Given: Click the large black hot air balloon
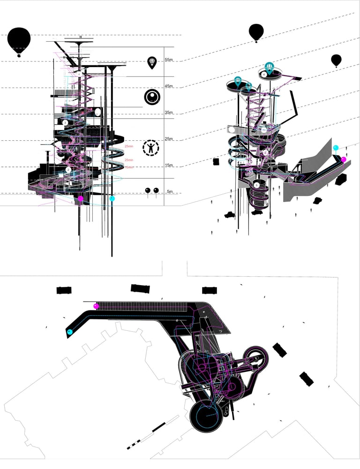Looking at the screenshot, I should point(19,41).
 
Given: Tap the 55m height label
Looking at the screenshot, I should point(169,60).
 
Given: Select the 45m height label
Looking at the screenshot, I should point(169,86).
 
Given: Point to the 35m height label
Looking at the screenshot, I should point(169,113).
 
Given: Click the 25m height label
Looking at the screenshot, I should point(169,139).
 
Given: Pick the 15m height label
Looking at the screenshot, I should point(169,165).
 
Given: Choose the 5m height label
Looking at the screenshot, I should point(170,191).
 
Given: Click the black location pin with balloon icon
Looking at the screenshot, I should point(152,62).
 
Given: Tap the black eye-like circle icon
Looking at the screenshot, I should point(152,97).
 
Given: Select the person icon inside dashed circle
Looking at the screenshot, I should point(151,148).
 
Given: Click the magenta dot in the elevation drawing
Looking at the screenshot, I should point(81,199).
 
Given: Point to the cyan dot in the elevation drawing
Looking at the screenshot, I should point(112,199).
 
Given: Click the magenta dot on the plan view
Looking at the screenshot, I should point(96,306).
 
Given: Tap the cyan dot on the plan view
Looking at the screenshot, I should point(70,332).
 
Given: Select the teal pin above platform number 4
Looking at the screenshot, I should point(269,67).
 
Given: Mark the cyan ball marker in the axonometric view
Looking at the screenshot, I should point(336,148).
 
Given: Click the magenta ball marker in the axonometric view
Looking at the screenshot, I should point(344,159).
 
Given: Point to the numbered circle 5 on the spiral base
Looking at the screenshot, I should point(256,185).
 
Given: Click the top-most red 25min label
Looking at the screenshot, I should point(129,147).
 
